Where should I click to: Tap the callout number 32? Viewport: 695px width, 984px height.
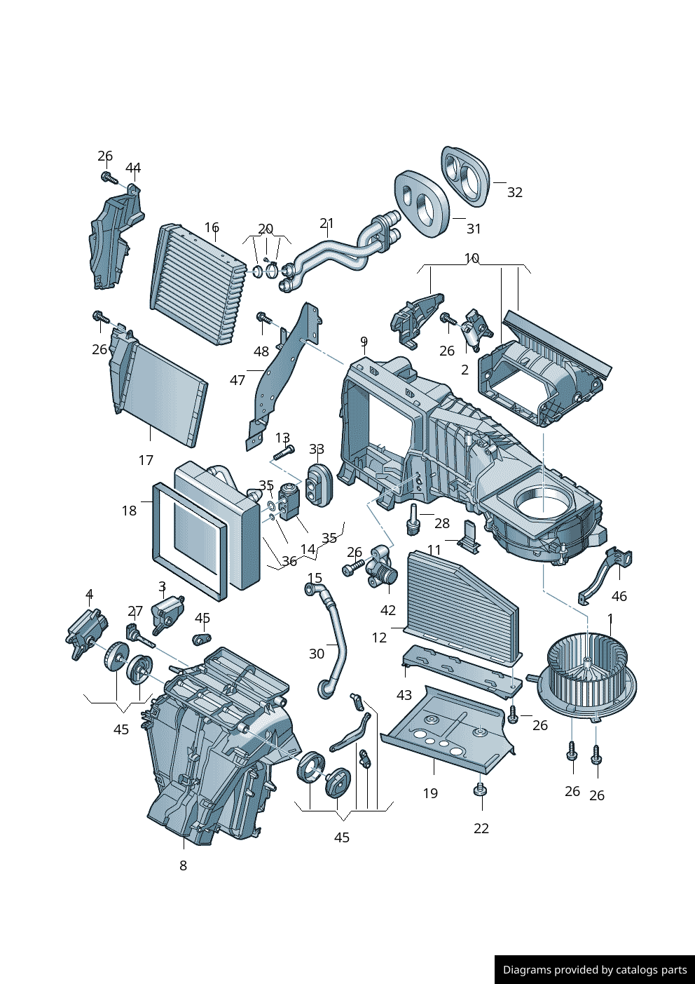click(515, 192)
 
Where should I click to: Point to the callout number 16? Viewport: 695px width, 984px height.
click(212, 227)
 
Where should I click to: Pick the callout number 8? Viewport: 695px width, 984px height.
click(183, 865)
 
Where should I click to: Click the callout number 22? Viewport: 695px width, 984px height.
click(481, 828)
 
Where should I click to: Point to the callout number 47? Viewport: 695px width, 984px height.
click(238, 380)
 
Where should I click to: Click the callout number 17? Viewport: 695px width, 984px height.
click(146, 460)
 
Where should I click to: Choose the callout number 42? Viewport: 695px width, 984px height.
click(388, 610)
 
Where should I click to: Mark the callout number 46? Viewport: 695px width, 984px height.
click(619, 596)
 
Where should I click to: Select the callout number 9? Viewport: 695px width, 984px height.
click(364, 342)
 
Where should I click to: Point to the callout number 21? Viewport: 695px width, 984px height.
click(326, 223)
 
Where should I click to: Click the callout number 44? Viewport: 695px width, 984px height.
click(133, 168)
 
